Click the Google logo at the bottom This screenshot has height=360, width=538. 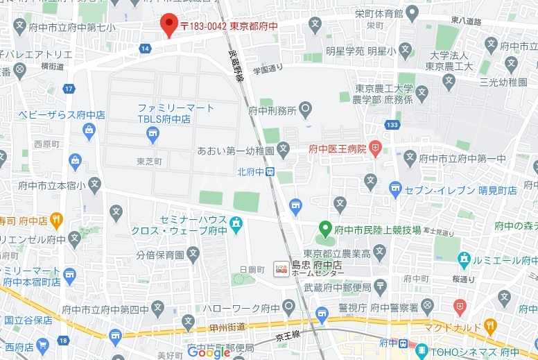coord(208,352)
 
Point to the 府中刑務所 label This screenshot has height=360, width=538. coord(272,110)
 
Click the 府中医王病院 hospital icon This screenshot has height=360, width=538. coord(375,147)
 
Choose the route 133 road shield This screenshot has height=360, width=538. coord(392,125)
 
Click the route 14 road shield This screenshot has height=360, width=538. coord(144,48)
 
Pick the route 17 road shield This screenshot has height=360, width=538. coord(69,89)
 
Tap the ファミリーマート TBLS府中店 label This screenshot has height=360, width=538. coord(175,113)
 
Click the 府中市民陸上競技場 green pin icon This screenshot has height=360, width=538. coord(324,228)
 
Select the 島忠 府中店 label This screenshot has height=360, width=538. coord(317,264)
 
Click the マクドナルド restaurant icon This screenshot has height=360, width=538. coord(490,325)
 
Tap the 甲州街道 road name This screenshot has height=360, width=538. coord(226,327)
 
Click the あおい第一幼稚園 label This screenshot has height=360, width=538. coord(236,149)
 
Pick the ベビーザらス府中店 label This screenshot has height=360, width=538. coord(62,114)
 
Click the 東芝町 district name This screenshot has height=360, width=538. coord(149,161)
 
